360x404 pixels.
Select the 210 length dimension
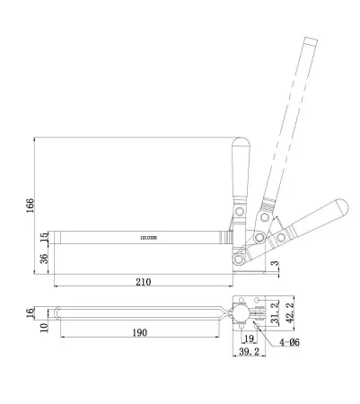coord(142,282)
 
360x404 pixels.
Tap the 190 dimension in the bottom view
coord(138,333)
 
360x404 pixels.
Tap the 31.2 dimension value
coord(275,312)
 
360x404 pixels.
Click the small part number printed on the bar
coord(148,238)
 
